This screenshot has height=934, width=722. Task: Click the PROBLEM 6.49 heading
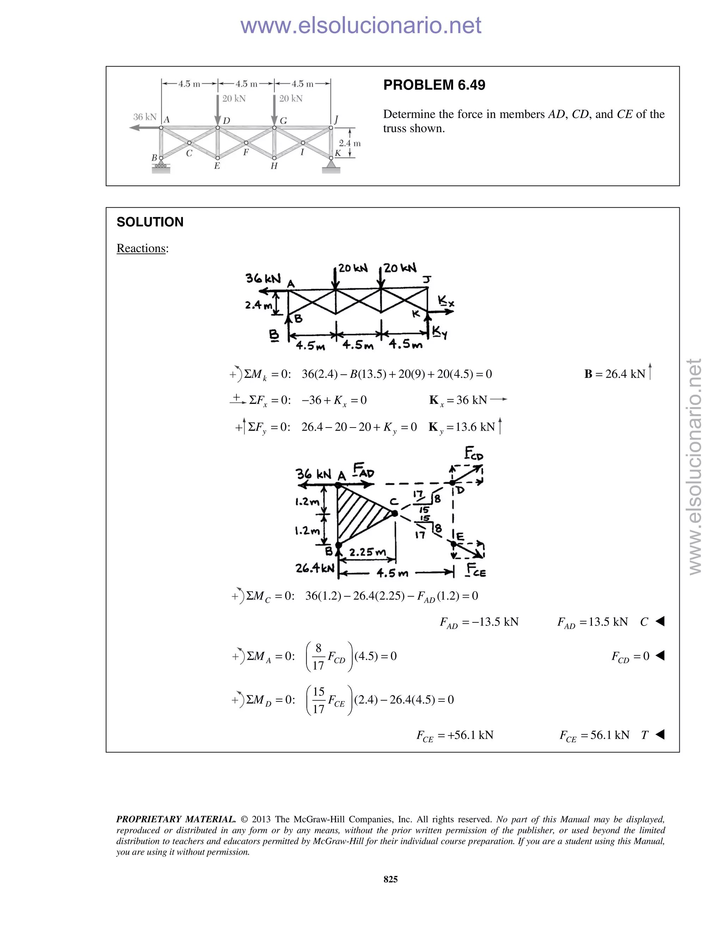point(434,85)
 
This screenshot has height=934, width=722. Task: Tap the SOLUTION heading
point(150,222)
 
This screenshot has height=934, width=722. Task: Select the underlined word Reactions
point(141,248)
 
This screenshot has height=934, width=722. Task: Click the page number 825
point(391,879)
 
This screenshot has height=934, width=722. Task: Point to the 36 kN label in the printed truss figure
point(145,117)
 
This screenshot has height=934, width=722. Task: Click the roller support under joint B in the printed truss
point(161,165)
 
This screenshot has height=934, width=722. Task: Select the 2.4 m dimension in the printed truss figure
point(349,143)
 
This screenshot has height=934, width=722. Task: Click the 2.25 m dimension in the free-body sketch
point(367,552)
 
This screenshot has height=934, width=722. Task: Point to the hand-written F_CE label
point(476,571)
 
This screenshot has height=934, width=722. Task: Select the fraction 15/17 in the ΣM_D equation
point(319,700)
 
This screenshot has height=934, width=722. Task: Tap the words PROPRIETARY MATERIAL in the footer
point(176,819)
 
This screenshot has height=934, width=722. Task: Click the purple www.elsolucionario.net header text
point(361,26)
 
